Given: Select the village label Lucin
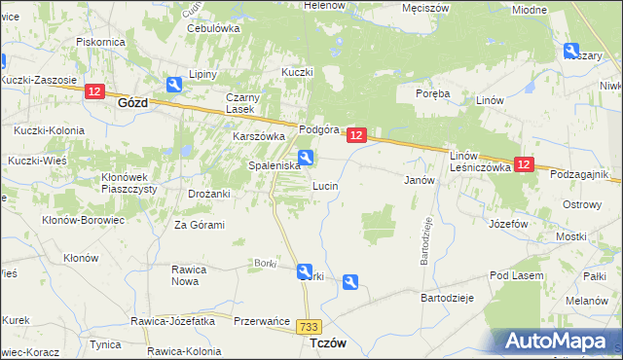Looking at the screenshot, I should point(324,185).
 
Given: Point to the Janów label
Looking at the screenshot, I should point(418,180).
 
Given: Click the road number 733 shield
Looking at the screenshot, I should point(311,328).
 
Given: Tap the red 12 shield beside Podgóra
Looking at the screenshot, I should point(356,136).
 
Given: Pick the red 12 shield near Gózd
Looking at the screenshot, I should point(93,91).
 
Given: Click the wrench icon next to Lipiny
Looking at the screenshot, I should point(174,85).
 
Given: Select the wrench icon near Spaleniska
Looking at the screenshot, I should point(306,158).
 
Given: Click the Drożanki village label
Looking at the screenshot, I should point(208,194).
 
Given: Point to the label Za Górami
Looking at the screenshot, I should point(200,225).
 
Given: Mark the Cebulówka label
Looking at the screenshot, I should point(213,28).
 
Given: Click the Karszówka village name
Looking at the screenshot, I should point(257,137).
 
